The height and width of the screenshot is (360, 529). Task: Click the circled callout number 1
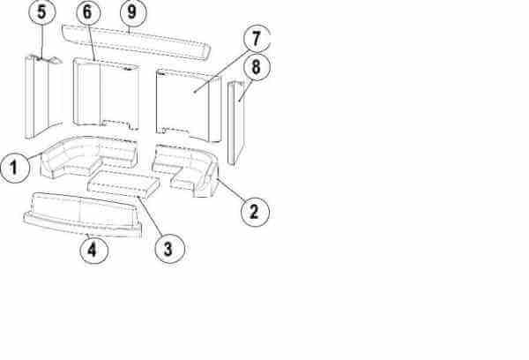coord(14,167)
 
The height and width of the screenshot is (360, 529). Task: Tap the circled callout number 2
coord(255,212)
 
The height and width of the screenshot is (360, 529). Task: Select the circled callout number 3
coord(169,249)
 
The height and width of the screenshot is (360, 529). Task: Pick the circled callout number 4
coord(93,250)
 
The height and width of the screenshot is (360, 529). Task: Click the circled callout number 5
coord(41,12)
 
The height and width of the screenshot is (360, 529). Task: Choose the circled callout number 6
coord(88,13)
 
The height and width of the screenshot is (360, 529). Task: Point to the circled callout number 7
coord(257,38)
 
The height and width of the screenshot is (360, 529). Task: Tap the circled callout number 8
coord(257,67)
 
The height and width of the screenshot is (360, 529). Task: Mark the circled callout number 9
coord(133,13)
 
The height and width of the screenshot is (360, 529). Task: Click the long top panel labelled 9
coord(137,41)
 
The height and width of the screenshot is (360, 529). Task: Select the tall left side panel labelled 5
coord(42,96)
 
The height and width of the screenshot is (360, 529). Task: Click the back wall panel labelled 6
coord(106,94)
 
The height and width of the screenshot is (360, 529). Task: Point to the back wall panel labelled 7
coord(189,105)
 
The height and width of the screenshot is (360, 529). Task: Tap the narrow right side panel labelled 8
coord(235,123)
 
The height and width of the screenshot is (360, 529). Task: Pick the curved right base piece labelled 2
coord(186,169)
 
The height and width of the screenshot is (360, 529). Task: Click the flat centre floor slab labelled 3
coord(123,184)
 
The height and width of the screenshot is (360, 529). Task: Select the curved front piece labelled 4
coord(83,214)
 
